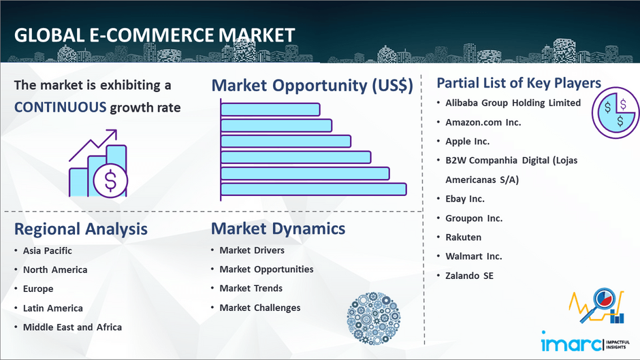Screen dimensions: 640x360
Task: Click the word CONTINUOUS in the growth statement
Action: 60,108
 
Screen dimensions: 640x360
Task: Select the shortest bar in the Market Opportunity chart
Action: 270,110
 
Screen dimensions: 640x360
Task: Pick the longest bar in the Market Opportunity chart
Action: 313,189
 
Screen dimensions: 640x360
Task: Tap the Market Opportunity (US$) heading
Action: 313,85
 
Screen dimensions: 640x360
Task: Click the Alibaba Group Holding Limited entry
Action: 513,103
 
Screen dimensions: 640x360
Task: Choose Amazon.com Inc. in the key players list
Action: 483,122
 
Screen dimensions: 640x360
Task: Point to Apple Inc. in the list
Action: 467,142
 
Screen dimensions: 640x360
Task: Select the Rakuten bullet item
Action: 463,237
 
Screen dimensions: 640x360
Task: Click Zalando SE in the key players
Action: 469,276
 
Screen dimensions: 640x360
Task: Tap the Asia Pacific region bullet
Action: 48,250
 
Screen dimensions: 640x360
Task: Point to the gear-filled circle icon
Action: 374,318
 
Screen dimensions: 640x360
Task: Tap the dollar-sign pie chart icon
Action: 615,113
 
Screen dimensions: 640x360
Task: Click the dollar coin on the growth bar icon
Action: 110,180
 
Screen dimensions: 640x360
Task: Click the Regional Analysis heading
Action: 81,229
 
